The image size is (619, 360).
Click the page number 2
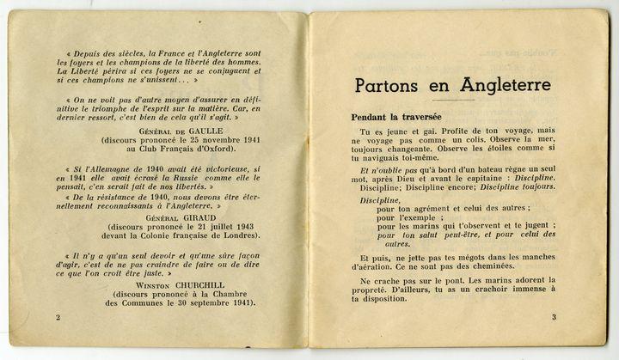[x=57, y=318]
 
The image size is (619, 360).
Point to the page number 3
[x=554, y=318]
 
